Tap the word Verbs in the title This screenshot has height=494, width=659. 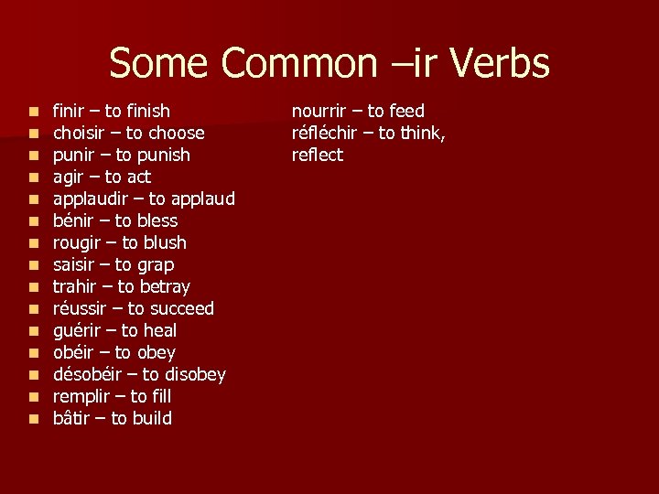point(502,64)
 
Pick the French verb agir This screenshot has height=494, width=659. point(68,177)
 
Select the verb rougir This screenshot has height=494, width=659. point(78,242)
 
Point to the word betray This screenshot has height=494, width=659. point(164,286)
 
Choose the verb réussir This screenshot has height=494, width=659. point(81,308)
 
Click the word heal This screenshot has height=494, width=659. point(160,330)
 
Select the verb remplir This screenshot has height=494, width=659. point(81,396)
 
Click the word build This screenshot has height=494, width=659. point(152,418)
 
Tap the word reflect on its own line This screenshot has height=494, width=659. point(318,155)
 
